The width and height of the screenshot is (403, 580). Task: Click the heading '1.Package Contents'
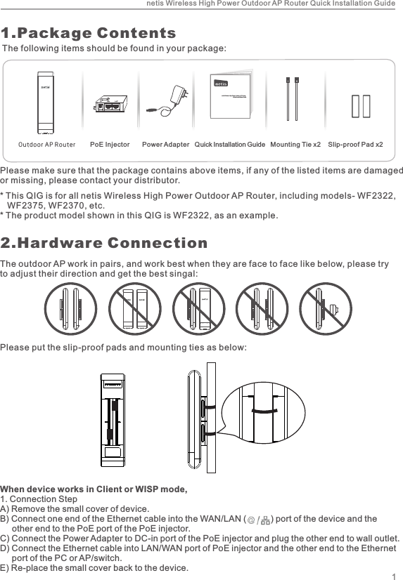click(89, 33)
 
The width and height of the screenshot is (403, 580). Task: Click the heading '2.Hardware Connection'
click(104, 243)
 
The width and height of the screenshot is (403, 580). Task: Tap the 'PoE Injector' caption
click(110, 145)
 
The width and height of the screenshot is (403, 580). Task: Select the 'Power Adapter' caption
click(165, 145)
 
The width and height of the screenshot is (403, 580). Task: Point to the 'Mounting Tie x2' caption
click(295, 145)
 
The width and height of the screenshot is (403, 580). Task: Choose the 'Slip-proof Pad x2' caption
click(356, 145)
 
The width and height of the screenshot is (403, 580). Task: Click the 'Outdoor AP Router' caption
click(46, 145)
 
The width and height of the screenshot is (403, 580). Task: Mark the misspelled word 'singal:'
click(184, 273)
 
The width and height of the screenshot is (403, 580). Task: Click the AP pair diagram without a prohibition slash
click(69, 308)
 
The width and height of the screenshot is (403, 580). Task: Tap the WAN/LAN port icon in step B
click(260, 520)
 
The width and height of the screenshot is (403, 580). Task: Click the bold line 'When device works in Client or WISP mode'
click(94, 489)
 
